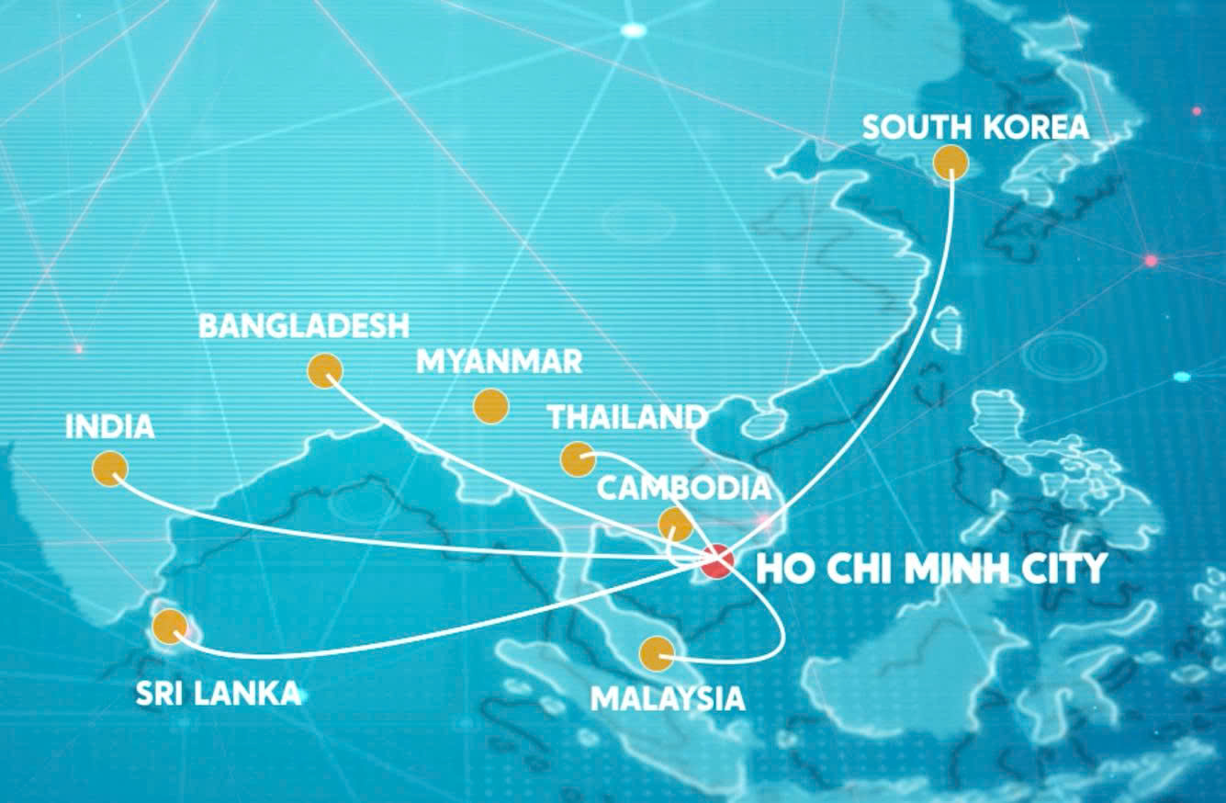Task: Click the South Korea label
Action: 975,127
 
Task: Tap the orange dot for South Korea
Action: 950,163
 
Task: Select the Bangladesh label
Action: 304,326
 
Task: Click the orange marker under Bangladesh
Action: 325,370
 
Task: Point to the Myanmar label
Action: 499,361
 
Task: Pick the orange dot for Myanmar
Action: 490,405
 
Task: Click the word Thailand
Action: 626,417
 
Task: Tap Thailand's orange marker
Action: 577,458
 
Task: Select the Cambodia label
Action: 683,488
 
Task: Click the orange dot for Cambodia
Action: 675,525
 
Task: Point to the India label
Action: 109,427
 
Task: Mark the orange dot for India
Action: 110,469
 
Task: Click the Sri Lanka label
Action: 218,693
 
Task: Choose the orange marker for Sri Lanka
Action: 169,627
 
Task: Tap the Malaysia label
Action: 667,698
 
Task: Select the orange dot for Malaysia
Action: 656,653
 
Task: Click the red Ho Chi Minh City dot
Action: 716,561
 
